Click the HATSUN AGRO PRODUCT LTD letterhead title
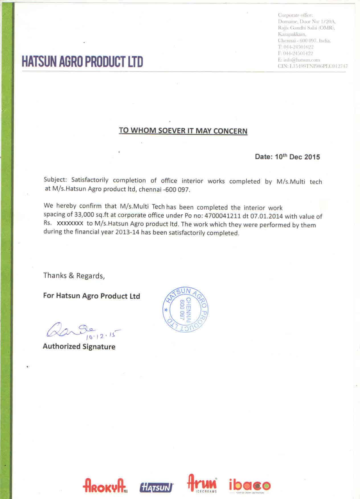pos(82,62)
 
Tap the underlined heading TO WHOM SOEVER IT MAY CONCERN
pos(183,131)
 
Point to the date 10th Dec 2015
pos(297,157)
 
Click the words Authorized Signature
pos(79,347)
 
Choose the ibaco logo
pos(249,485)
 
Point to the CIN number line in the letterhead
pos(312,66)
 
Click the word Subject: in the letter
pos(55,180)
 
